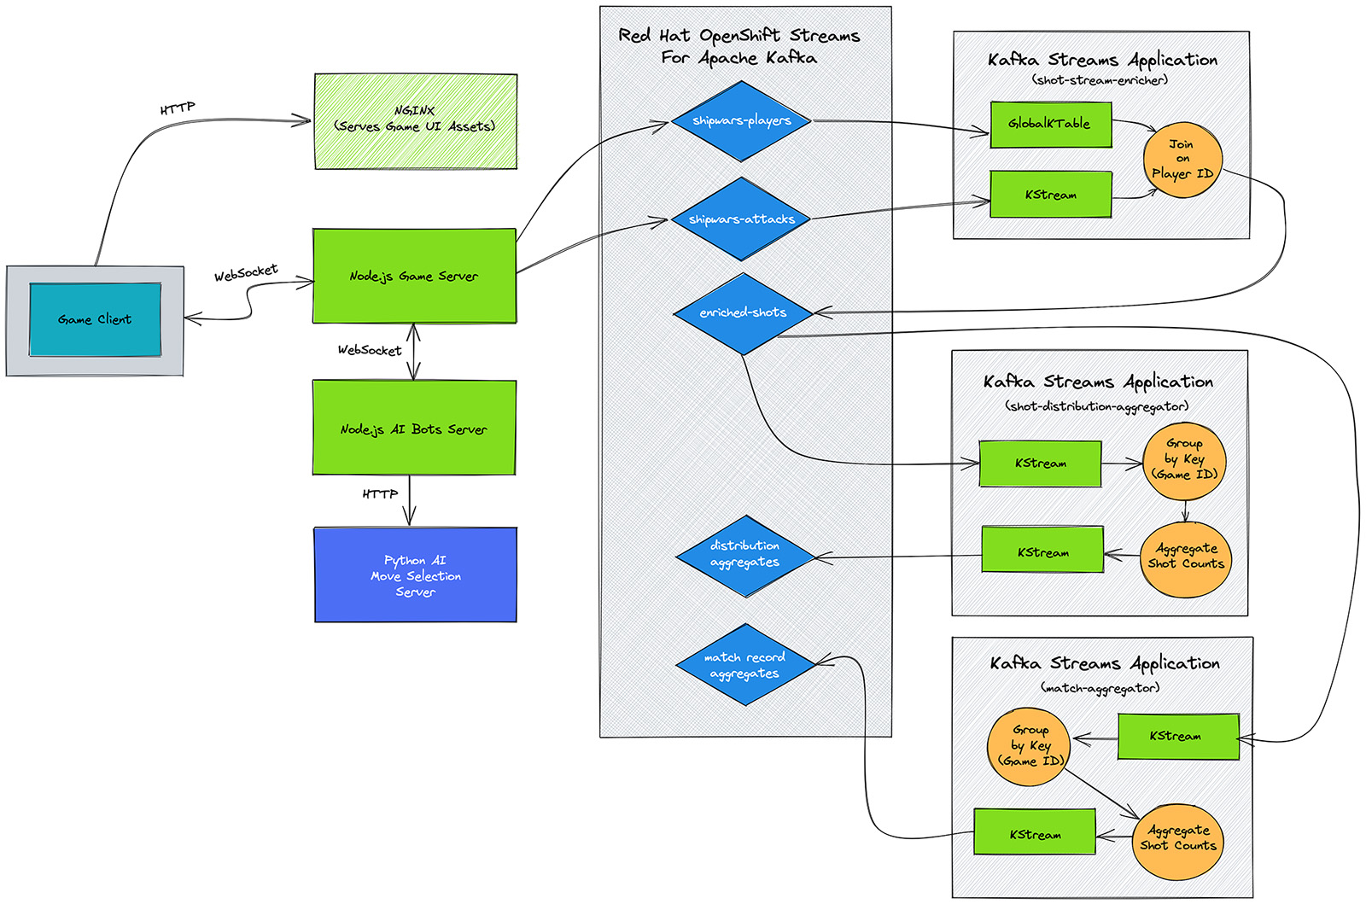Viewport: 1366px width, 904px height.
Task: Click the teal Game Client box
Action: (x=95, y=319)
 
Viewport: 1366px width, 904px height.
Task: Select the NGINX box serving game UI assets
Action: (x=415, y=120)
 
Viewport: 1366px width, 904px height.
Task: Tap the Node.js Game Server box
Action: (x=414, y=276)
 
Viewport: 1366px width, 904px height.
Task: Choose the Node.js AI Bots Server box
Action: (x=414, y=428)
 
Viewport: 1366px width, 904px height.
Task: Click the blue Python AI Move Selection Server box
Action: (x=415, y=575)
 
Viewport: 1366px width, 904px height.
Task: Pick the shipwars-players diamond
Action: (x=741, y=121)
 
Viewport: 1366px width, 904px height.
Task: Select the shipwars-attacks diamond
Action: (x=741, y=219)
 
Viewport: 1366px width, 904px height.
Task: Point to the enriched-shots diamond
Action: (x=743, y=313)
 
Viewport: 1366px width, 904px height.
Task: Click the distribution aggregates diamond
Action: (x=744, y=555)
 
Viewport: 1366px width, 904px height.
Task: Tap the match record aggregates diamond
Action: (x=744, y=665)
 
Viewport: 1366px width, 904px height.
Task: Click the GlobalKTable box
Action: (x=1050, y=124)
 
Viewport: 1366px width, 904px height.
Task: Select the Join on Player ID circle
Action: (x=1182, y=160)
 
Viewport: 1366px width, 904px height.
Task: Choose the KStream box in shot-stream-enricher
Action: (x=1051, y=195)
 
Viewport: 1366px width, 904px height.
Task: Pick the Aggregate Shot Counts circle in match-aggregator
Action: (x=1177, y=840)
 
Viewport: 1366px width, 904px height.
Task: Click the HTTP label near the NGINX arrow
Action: (x=178, y=108)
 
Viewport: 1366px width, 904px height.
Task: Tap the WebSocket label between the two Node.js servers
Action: (x=369, y=350)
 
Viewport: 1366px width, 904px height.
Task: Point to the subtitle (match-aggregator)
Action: (x=1100, y=688)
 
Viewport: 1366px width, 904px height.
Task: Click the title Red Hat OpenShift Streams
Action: (x=738, y=36)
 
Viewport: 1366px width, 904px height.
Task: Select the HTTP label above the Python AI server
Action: (x=380, y=494)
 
